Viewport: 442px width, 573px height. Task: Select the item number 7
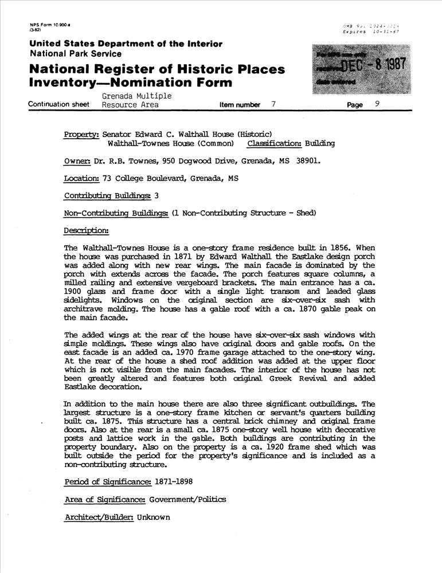(273, 105)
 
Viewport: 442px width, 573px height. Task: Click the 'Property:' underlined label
(82, 134)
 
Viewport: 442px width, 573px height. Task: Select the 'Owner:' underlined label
(77, 161)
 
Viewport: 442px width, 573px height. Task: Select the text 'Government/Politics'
(187, 499)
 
